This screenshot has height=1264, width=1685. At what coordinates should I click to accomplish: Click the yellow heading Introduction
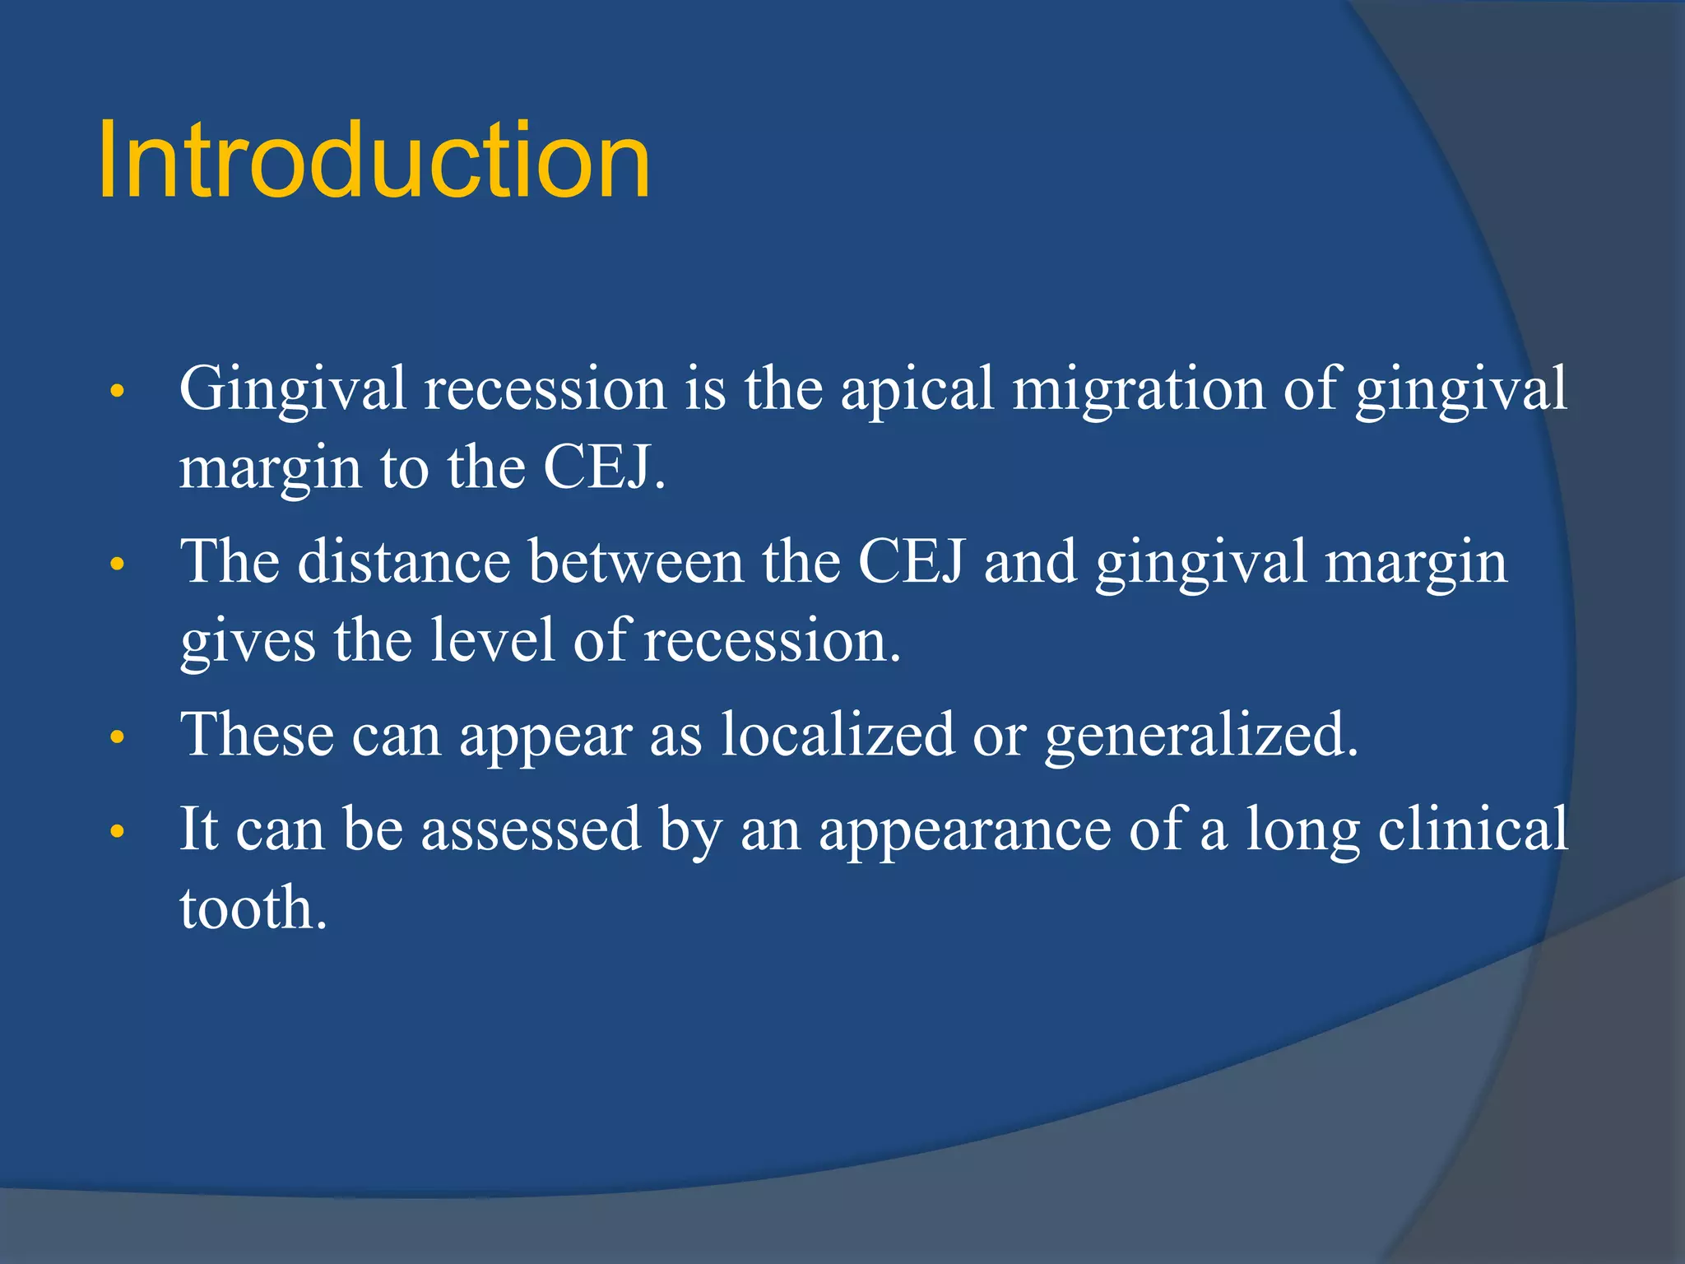click(374, 160)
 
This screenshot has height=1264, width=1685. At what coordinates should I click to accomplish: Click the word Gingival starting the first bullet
click(292, 389)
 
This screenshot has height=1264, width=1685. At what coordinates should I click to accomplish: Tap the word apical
click(917, 389)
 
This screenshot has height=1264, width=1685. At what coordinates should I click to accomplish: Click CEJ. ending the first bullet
click(604, 467)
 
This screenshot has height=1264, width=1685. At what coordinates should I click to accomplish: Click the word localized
click(837, 734)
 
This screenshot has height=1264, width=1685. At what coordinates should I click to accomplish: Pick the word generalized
click(1200, 734)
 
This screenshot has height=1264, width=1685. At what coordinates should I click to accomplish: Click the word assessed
click(531, 829)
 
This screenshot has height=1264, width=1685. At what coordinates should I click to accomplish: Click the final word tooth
click(253, 908)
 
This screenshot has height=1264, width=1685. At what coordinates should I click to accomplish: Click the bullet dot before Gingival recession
click(118, 393)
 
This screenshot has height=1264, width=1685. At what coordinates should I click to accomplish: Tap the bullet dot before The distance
click(118, 565)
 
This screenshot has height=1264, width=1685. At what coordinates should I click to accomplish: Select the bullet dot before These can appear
click(118, 738)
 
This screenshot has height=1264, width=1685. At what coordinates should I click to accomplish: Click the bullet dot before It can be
click(118, 832)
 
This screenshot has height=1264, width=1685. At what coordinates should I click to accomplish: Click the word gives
click(248, 642)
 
